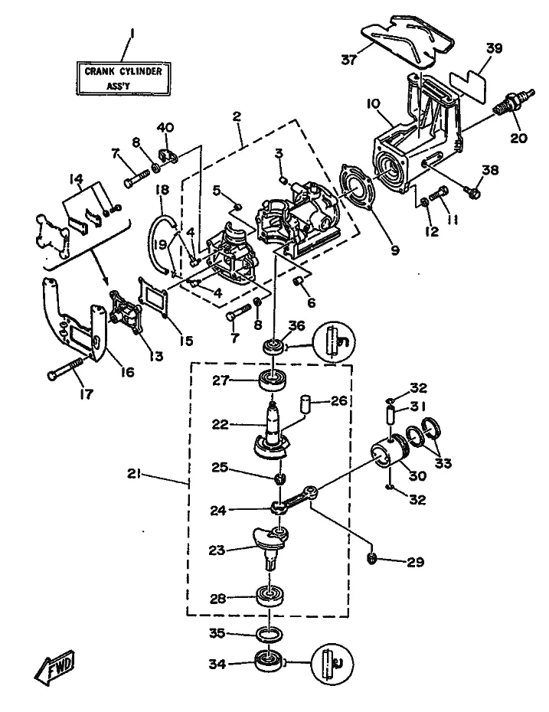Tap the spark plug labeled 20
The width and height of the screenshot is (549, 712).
click(x=514, y=104)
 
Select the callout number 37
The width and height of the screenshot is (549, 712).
click(x=348, y=60)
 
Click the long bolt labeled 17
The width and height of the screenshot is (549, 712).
click(x=66, y=368)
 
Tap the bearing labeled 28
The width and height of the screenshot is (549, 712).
click(x=270, y=596)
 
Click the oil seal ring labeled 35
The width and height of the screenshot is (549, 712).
click(x=270, y=634)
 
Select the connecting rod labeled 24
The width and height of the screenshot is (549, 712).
click(x=294, y=499)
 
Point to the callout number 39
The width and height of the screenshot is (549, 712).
click(x=494, y=48)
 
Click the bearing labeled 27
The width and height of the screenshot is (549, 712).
click(x=273, y=380)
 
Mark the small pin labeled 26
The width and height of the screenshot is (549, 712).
click(x=306, y=403)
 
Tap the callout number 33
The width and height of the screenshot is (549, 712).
click(x=443, y=463)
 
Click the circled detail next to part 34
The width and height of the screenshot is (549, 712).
click(x=333, y=663)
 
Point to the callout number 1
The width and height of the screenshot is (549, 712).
click(x=132, y=33)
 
